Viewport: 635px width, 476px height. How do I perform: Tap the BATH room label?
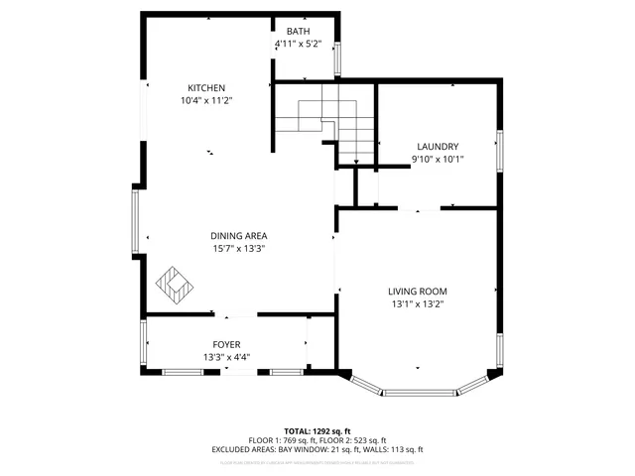click(x=298, y=32)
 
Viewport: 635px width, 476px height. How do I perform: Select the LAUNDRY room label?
click(x=437, y=145)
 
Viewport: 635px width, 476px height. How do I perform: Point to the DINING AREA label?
click(x=238, y=235)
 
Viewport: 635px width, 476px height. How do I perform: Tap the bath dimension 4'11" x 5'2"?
click(x=298, y=45)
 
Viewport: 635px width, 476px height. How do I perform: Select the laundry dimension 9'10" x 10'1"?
click(x=437, y=159)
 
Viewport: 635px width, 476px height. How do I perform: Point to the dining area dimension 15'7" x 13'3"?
click(x=238, y=249)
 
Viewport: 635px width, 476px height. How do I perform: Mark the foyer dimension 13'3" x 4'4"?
click(x=226, y=357)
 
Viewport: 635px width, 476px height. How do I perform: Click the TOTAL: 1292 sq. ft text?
click(x=317, y=431)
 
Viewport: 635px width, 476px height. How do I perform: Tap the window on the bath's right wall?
click(x=337, y=59)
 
